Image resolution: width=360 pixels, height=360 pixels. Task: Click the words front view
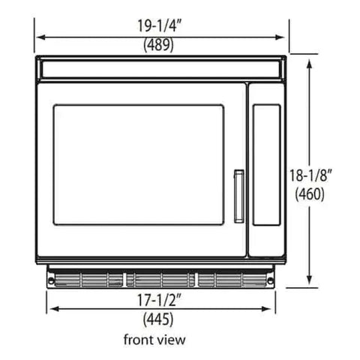pyautogui.click(x=154, y=340)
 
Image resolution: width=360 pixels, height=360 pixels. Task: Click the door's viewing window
pyautogui.click(x=138, y=164)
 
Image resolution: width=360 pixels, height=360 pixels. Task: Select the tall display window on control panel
pyautogui.click(x=266, y=166)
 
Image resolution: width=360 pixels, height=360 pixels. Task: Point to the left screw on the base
pyautogui.click(x=52, y=280)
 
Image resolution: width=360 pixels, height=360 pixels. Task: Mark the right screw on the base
pyautogui.click(x=271, y=280)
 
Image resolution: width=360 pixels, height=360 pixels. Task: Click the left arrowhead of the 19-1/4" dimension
pyautogui.click(x=38, y=35)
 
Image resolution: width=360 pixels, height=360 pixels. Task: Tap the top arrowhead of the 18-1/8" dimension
pyautogui.click(x=310, y=62)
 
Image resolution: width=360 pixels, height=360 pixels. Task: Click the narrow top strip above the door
pyautogui.click(x=161, y=70)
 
